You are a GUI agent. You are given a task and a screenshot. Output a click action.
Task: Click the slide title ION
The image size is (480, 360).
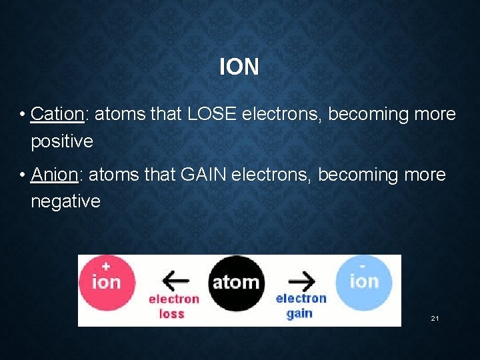(239, 67)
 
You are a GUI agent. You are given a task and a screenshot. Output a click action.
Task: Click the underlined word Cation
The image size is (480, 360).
(57, 114)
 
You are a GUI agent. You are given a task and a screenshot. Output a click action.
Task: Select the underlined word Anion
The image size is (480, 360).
(55, 175)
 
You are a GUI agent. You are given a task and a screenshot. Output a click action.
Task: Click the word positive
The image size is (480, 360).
(62, 141)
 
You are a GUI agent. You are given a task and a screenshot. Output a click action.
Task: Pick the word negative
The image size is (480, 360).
(65, 201)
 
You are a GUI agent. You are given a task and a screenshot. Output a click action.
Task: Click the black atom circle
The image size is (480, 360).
(236, 283)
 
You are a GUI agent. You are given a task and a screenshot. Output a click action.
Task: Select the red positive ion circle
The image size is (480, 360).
(107, 283)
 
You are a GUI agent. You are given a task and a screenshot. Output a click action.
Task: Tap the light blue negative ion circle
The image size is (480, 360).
(364, 282)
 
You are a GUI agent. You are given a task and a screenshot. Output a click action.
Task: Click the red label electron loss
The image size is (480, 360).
(173, 307)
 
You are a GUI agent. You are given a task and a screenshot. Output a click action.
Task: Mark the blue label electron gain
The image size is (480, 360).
(301, 305)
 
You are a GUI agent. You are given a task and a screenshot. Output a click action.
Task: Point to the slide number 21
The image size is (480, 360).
(435, 319)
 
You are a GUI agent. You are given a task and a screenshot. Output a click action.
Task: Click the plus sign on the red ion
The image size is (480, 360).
(106, 264)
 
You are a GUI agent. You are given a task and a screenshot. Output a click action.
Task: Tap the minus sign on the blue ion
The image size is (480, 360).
(364, 264)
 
